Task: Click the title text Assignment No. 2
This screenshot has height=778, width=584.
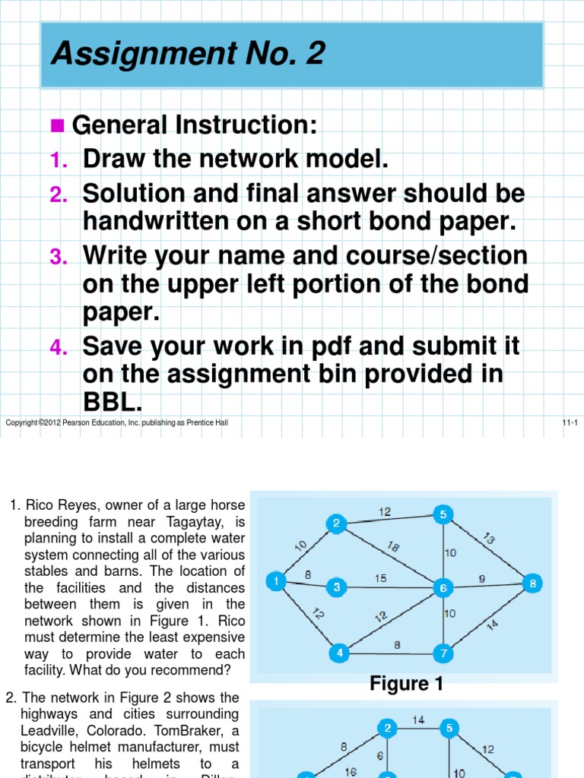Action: (x=188, y=54)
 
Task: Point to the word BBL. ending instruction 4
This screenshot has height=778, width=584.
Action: (x=113, y=403)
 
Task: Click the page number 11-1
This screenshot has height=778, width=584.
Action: (x=570, y=422)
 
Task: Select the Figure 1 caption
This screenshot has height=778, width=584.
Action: (x=406, y=684)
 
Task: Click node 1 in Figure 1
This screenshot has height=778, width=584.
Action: (x=275, y=581)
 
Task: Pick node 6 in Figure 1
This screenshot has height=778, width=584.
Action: (x=443, y=587)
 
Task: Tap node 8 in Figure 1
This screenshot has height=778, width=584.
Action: (x=533, y=583)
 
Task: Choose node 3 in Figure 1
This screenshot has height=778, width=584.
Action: (x=336, y=587)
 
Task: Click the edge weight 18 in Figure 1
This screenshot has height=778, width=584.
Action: (x=393, y=546)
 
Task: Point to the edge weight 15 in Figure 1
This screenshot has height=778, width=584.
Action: (x=380, y=578)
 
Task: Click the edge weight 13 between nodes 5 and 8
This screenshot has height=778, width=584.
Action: (x=488, y=539)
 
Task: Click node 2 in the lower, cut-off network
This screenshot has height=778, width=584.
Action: (x=388, y=728)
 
